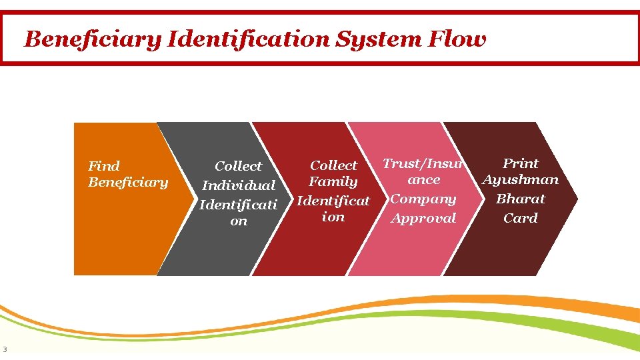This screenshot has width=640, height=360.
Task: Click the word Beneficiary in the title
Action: pos(93,39)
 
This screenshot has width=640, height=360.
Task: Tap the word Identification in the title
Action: pos(249,39)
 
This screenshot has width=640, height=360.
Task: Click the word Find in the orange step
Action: pos(104,166)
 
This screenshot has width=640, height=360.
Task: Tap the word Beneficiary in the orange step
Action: pos(128,182)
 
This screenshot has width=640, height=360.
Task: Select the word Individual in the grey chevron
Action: pos(239,185)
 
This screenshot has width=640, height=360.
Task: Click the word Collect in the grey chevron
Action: pos(239,166)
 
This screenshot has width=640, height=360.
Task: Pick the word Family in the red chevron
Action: pos(333,181)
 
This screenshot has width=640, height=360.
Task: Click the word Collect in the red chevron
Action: pos(334,165)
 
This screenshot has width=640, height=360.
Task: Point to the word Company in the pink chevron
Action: pos(423,199)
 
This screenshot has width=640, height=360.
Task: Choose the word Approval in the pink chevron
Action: pos(423,218)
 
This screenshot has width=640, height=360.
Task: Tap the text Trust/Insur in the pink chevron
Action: pos(423,163)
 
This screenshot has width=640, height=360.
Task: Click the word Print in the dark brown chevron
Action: pos(521,163)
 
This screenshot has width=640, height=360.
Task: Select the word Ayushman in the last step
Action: pos(521,180)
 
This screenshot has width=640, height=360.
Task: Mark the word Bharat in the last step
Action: pos(521,199)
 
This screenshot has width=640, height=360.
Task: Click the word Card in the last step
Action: pos(521,218)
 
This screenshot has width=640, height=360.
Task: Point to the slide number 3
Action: pos(5,349)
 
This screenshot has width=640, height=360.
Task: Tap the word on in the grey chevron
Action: pos(239,221)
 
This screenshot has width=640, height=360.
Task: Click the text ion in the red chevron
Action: pos(333,217)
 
